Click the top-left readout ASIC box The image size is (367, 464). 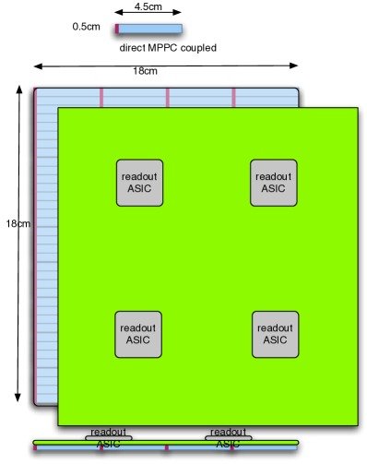tap(139, 183)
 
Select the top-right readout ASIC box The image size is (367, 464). tap(274, 183)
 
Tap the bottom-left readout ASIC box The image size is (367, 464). tap(138, 334)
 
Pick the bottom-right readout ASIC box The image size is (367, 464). tap(275, 334)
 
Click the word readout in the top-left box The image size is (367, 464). tap(139, 176)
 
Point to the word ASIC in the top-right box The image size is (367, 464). tap(274, 189)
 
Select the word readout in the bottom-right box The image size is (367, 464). tap(275, 327)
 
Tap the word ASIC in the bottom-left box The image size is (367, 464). tap(138, 340)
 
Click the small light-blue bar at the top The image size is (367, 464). tap(150, 29)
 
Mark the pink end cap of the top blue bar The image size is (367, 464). tap(117, 29)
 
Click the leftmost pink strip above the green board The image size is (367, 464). tap(101, 97)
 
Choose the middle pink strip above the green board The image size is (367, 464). tap(167, 97)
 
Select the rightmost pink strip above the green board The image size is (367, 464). tap(233, 97)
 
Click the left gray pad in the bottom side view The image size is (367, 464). tap(109, 437)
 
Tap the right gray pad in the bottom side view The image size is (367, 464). tap(228, 437)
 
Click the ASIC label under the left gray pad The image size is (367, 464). tap(109, 444)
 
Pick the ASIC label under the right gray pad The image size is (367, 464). tap(228, 444)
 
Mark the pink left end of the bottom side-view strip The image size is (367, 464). tap(35, 447)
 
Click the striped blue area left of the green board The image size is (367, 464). tap(47, 249)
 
